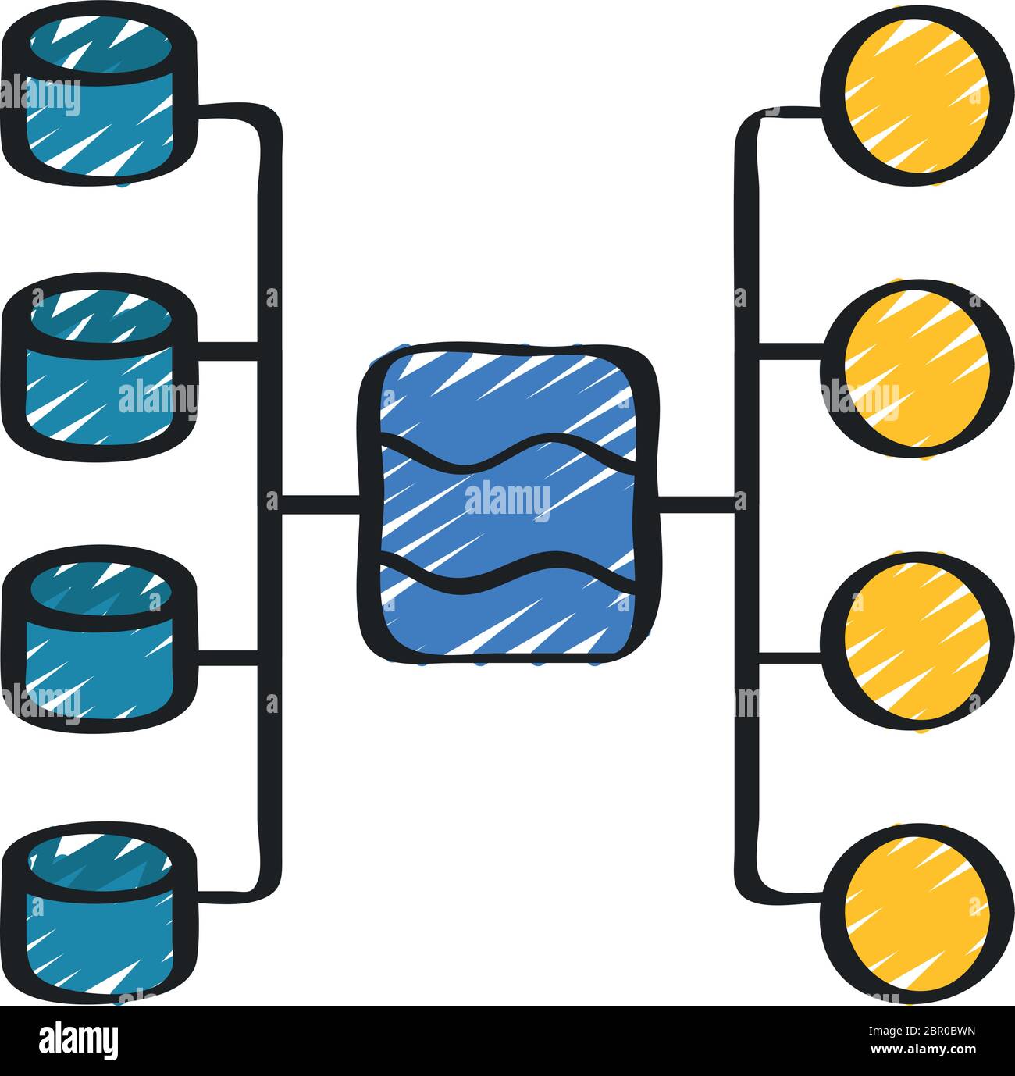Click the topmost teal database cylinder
pos(99,97)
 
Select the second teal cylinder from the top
pos(99,367)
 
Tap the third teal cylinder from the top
pos(99,640)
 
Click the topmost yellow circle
pos(917,96)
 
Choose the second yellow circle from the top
pos(917,369)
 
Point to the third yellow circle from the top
pos(917,641)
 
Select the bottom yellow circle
pos(917,914)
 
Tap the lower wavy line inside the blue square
pos(508,573)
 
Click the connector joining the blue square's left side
pos(321,504)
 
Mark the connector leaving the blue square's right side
pos(697,504)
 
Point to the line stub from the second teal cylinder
pos(228,351)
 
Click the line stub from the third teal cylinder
pos(228,658)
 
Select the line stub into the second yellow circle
pos(790,351)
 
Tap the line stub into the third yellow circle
pos(790,658)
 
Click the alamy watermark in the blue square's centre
pos(507,501)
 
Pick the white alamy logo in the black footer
pos(78,1041)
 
